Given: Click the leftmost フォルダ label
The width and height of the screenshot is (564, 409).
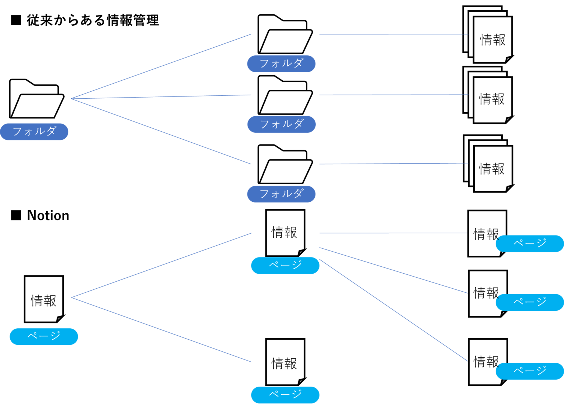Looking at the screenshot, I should click(34, 132).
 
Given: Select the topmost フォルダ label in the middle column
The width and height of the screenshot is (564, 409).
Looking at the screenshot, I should click(281, 63).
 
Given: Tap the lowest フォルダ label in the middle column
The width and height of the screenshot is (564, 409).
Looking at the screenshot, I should click(281, 194).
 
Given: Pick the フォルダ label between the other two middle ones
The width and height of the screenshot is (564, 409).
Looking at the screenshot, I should click(281, 124).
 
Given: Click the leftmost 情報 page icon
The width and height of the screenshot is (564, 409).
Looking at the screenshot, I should click(44, 299).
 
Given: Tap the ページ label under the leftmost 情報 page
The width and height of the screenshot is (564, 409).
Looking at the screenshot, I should click(44, 336).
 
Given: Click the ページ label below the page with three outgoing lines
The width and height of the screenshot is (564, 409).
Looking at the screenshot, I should click(285, 266).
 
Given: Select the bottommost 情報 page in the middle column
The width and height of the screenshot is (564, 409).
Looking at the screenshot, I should click(285, 362).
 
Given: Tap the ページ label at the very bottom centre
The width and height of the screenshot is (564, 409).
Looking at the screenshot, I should click(285, 395).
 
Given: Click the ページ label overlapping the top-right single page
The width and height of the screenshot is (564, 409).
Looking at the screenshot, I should click(529, 244).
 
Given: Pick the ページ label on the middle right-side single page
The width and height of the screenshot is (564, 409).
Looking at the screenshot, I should click(529, 302).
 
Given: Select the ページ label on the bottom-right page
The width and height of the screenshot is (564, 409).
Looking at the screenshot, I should click(529, 371).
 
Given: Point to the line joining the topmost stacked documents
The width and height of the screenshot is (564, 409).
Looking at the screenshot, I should click(393, 34).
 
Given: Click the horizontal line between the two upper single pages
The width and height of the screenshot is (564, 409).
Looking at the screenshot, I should click(393, 233).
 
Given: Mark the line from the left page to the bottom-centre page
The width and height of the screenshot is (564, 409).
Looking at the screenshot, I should click(162, 330).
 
